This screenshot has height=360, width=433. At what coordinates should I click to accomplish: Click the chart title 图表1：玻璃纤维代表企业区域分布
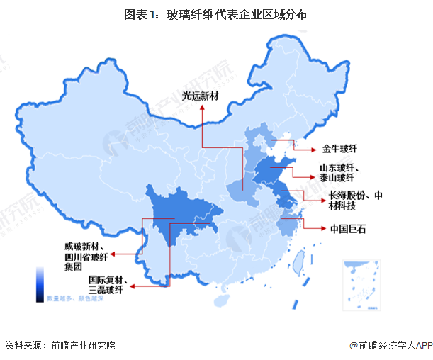216,14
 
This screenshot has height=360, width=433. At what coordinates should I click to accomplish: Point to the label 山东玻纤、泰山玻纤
342,173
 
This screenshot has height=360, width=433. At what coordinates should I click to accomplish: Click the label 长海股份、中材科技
354,201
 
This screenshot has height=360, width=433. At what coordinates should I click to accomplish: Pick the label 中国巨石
349,229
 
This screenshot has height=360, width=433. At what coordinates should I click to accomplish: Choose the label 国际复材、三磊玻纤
107,285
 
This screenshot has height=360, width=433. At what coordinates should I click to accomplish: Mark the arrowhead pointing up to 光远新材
202,108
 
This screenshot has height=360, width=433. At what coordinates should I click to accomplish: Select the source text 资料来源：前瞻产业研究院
60,345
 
